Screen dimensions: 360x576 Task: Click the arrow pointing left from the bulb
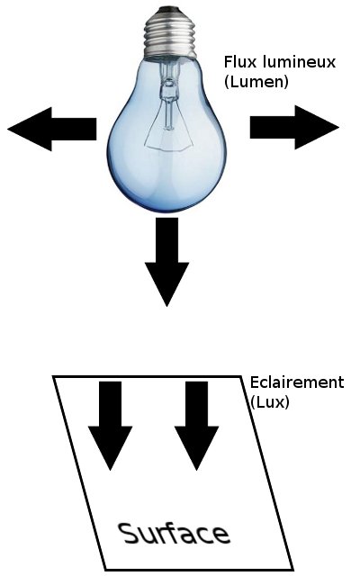click(x=52, y=129)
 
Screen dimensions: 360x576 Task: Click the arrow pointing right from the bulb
click(x=294, y=128)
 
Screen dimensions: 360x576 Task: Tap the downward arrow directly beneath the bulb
click(x=166, y=262)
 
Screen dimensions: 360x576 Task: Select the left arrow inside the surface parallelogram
click(x=110, y=426)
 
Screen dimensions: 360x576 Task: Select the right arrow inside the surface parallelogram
click(x=196, y=426)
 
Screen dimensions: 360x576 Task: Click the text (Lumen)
click(x=256, y=81)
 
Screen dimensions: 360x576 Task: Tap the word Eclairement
click(x=297, y=382)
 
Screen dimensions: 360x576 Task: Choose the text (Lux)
click(x=270, y=402)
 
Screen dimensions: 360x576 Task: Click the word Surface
click(x=174, y=533)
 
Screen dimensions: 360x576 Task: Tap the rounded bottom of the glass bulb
click(x=167, y=198)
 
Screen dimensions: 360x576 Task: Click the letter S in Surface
click(x=128, y=533)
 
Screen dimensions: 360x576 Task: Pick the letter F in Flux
click(x=229, y=62)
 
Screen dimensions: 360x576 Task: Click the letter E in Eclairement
click(x=255, y=382)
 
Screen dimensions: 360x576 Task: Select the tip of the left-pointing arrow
click(x=8, y=129)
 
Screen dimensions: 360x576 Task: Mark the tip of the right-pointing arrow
click(x=338, y=128)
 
